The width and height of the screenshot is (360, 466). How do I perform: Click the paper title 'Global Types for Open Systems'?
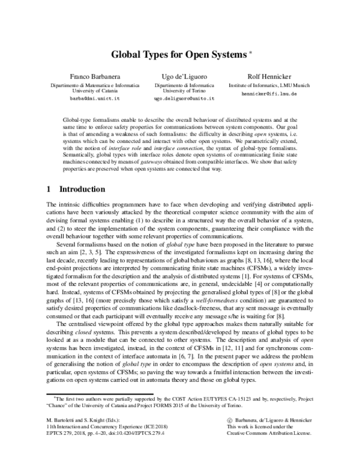coord(177,55)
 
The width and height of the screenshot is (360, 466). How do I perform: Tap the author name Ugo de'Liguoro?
coord(180,77)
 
